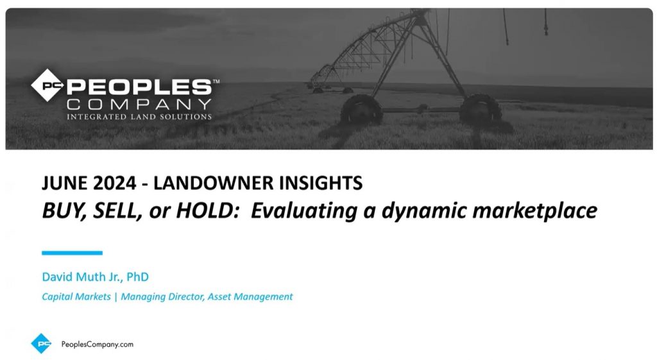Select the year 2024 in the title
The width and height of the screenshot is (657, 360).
pos(115,183)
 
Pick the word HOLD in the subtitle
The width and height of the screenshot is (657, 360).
pos(207,210)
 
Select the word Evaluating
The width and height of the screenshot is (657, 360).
pos(303,210)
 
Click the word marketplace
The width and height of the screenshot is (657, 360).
pos(534,211)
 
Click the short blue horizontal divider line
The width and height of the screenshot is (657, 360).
pos(72,253)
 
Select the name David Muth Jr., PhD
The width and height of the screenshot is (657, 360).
pos(95,277)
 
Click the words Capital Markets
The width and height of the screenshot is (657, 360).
pos(76,296)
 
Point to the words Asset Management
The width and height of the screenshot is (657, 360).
pos(250,296)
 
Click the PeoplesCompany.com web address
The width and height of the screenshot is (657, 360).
pos(98,344)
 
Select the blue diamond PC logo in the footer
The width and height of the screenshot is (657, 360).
pos(42,344)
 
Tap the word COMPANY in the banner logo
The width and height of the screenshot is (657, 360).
pos(139,104)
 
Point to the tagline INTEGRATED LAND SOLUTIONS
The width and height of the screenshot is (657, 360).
pos(139,117)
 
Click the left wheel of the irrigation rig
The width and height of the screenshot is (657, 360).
pos(361,109)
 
